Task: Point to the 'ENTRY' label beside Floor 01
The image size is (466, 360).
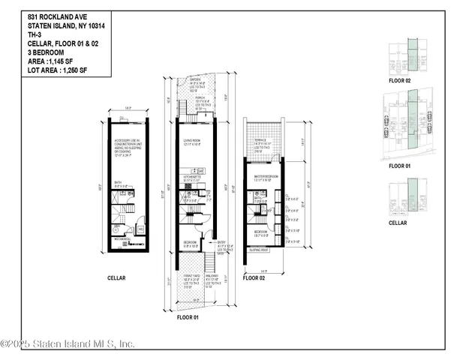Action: pyautogui.click(x=222, y=242)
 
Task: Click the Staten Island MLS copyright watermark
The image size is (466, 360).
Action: pyautogui.click(x=68, y=344)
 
